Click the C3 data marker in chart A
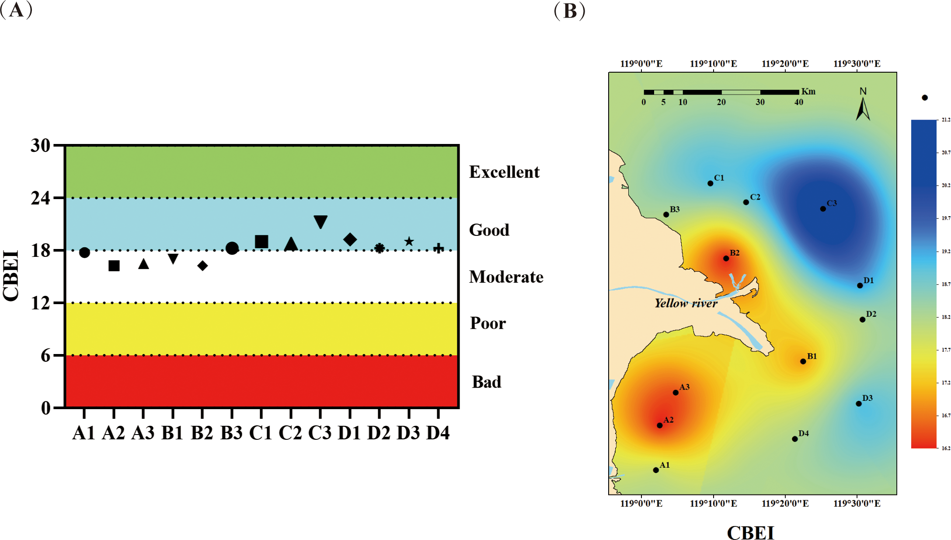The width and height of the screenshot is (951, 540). point(320,221)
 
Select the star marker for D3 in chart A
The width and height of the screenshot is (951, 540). point(409,242)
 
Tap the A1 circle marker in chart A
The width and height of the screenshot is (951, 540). point(84,252)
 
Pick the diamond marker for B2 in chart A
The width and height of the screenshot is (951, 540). point(202,266)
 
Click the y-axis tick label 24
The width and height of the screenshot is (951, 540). point(40,198)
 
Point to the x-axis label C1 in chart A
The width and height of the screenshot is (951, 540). point(261,433)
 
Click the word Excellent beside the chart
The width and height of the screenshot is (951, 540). point(504,172)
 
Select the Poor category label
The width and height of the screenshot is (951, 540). point(488,323)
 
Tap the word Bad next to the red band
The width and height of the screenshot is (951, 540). point(486,382)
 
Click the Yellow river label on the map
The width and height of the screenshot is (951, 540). point(686,303)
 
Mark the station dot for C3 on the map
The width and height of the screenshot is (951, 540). point(823,209)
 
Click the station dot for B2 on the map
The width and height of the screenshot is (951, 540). point(726,258)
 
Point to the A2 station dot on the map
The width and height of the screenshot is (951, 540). point(660,425)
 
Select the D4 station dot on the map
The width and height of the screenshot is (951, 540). point(795,439)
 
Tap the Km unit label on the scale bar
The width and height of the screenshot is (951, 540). point(808,91)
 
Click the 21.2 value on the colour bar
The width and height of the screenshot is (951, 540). point(946,120)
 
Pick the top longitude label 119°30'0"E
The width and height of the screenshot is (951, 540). point(857,64)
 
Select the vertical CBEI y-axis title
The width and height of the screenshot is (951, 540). point(11,276)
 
